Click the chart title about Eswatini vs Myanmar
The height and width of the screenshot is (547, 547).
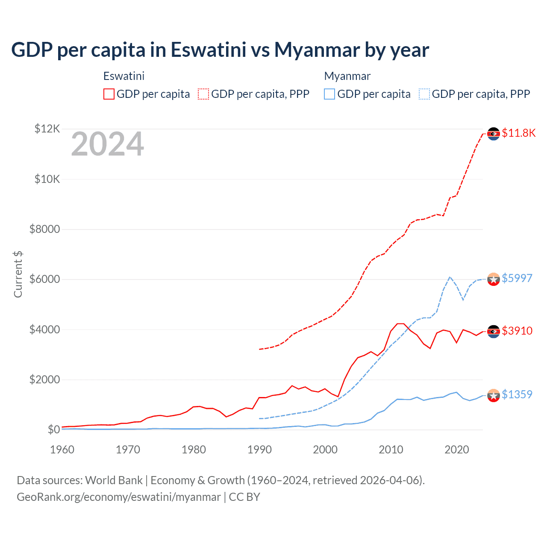(220, 50)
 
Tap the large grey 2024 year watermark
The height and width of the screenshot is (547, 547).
(107, 144)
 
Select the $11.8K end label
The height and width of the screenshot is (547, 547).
(518, 133)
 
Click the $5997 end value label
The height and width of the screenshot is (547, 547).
(517, 278)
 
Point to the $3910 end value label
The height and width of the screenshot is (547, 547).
(517, 331)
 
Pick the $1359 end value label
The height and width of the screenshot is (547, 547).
(517, 394)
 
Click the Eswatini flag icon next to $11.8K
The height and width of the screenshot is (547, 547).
(494, 134)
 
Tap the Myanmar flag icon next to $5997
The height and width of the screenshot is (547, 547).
(494, 279)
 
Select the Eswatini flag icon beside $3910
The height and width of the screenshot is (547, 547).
(494, 332)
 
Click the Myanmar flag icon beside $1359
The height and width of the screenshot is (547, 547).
(494, 396)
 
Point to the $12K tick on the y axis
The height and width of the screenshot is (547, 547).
(47, 129)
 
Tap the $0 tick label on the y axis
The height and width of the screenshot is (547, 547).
(53, 430)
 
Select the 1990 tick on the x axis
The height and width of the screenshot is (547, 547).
(259, 450)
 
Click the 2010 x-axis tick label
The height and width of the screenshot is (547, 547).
(391, 450)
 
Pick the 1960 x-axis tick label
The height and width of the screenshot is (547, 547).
(62, 450)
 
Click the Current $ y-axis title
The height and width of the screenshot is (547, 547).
(18, 274)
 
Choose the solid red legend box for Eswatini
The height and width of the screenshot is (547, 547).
(109, 94)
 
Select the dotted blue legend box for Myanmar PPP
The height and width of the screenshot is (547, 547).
(424, 94)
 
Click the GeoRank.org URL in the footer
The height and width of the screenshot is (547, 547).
(118, 497)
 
